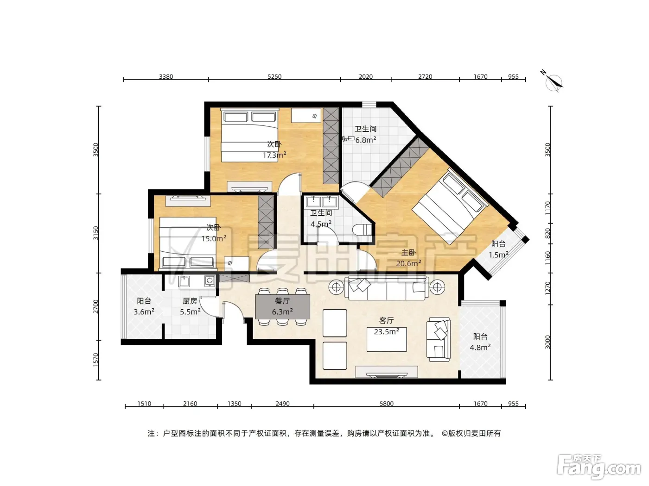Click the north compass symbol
(553, 82)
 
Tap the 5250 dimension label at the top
(274, 77)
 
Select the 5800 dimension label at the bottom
(387, 403)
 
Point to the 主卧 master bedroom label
(408, 253)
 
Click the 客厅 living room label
(386, 320)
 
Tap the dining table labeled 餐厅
(282, 306)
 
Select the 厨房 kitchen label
(190, 301)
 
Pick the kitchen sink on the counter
(184, 281)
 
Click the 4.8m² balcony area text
(480, 347)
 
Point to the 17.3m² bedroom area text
(274, 155)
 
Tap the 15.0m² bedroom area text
(214, 238)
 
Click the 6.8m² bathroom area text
(365, 140)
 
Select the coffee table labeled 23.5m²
(387, 339)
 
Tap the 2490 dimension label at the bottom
(282, 403)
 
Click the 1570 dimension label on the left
(96, 360)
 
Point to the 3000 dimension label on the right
(547, 342)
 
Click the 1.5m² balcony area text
(498, 255)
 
